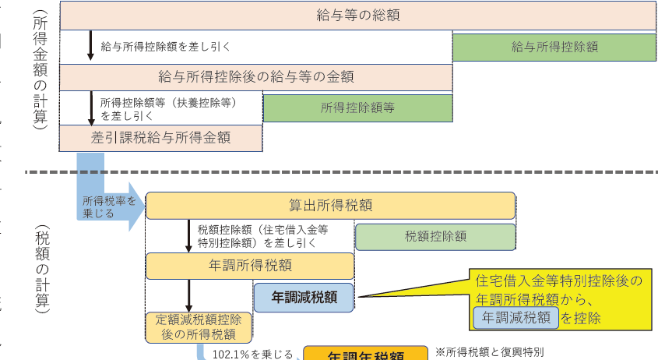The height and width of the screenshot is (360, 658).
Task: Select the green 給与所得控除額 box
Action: pos(554,46)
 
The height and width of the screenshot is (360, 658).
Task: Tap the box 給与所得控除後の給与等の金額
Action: pos(256,76)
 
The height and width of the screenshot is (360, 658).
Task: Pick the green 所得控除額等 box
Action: pos(357,108)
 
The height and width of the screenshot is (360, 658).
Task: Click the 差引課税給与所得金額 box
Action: pos(161,137)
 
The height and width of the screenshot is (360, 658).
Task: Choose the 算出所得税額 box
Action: pos(330,206)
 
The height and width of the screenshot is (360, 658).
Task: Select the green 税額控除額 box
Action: pos(435,236)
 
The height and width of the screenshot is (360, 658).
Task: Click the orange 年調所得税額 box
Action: pos(249,266)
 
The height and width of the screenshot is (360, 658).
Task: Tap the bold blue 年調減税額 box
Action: pos(303,296)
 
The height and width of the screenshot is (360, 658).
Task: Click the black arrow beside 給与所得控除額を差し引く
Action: pos(90,46)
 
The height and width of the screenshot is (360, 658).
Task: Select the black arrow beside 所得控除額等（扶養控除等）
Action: pos(90,108)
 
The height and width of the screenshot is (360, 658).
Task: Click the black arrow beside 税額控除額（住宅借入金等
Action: pos(188,235)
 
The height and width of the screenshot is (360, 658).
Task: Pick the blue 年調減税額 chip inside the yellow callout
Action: pos(515,317)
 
